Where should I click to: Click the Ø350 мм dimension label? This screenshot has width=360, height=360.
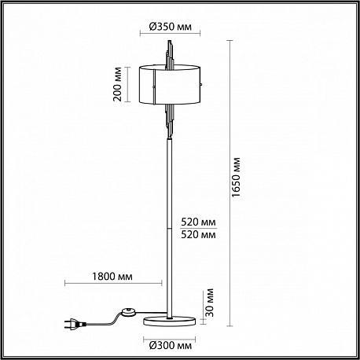tap(171, 27)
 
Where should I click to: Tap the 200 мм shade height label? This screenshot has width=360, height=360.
tap(118, 84)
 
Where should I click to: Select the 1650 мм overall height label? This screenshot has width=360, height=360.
tap(236, 178)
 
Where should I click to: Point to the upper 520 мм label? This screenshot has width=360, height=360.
tap(198, 222)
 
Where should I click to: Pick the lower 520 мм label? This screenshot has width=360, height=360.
tap(198, 234)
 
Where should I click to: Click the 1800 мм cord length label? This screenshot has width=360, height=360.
tap(112, 277)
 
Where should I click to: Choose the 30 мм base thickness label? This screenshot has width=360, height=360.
tap(210, 303)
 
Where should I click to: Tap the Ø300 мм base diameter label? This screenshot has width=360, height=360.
tap(171, 346)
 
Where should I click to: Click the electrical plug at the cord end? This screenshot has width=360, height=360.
tap(75, 324)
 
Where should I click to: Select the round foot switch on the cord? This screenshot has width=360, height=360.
tap(129, 312)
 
